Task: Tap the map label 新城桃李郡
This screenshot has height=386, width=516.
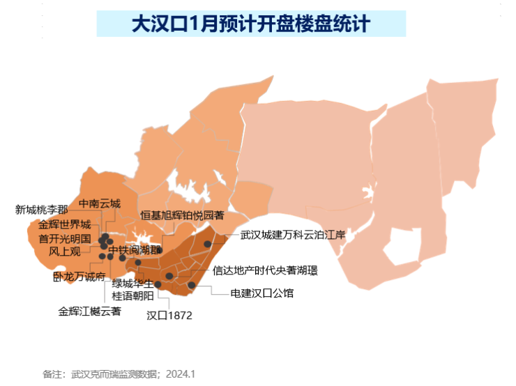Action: (42, 210)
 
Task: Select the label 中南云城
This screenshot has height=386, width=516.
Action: (100, 204)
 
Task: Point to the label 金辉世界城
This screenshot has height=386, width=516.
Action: (65, 225)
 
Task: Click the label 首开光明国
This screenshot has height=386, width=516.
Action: (65, 238)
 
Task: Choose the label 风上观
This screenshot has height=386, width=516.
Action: (65, 251)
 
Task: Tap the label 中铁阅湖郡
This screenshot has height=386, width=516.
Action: (135, 250)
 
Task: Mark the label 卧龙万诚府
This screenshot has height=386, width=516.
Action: (79, 277)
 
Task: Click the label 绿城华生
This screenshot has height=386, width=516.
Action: (132, 284)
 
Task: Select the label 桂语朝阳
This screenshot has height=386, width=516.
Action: (132, 296)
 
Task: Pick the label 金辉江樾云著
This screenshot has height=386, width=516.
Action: (89, 311)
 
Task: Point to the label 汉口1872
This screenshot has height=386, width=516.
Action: (169, 315)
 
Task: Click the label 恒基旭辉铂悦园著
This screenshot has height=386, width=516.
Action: (182, 215)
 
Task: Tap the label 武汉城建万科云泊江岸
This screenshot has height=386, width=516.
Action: (293, 235)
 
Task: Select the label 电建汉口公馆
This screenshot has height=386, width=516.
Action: (261, 293)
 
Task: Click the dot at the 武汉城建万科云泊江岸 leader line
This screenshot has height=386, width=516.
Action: (207, 244)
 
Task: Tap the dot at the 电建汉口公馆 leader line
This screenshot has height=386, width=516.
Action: (191, 284)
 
